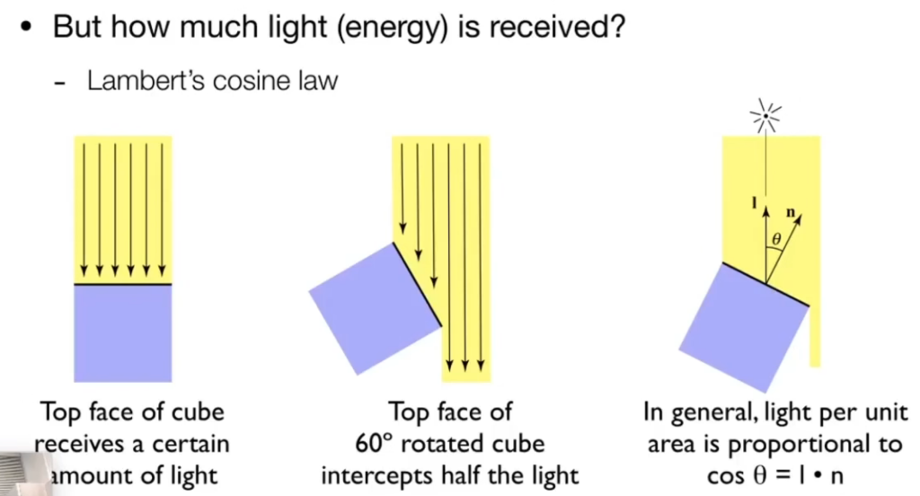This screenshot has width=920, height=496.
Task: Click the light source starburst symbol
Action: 766,115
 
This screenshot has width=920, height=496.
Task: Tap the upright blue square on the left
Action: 122,333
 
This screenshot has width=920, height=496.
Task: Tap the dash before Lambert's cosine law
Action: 61,83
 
